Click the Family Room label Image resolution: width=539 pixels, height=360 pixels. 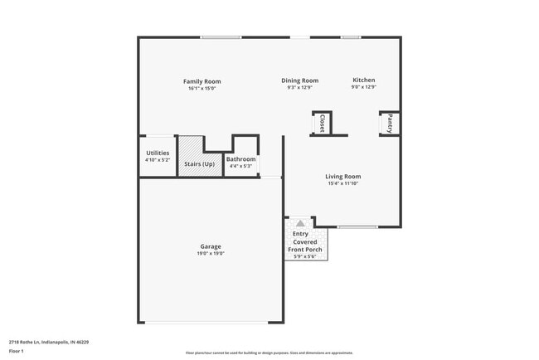[202, 81]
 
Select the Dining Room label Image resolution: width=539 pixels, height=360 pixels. [299, 80]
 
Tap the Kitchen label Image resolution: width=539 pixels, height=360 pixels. [364, 80]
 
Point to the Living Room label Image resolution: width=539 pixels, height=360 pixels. [342, 176]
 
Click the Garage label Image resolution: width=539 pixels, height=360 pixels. [210, 246]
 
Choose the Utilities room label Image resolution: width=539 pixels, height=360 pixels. [158, 153]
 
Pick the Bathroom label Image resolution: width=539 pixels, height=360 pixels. [241, 158]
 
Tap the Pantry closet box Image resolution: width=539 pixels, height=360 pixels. [390, 124]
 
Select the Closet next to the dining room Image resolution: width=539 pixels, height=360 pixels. [322, 124]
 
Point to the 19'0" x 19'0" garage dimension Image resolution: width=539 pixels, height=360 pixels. [210, 254]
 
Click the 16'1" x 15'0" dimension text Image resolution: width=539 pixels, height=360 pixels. [202, 89]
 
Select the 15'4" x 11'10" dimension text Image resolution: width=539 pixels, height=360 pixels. [342, 183]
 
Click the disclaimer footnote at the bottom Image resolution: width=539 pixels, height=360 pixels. [269, 352]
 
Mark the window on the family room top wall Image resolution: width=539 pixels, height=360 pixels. [221, 36]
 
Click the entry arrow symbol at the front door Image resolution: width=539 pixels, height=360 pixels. [299, 223]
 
